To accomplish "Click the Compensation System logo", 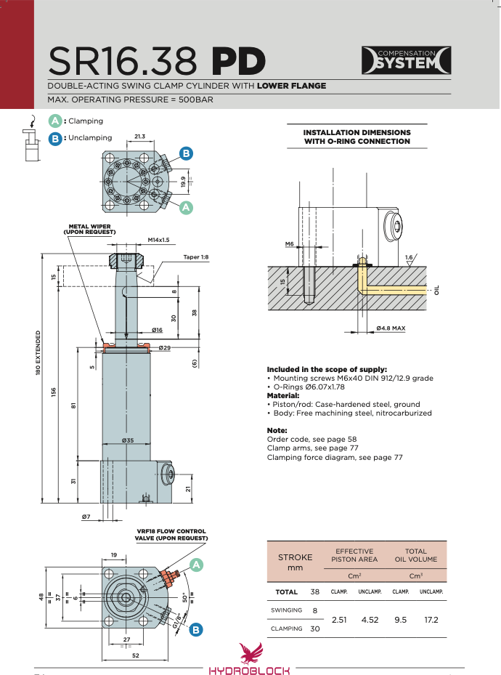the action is pyautogui.click(x=406, y=60).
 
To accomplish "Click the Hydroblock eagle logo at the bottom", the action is pyautogui.click(x=251, y=653).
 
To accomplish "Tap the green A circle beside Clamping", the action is pyautogui.click(x=55, y=121).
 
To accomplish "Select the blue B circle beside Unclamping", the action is pyautogui.click(x=55, y=139).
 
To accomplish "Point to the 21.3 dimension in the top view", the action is pyautogui.click(x=139, y=137).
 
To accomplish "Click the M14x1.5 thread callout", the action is pyautogui.click(x=159, y=240).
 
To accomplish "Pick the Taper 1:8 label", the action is pyautogui.click(x=195, y=257).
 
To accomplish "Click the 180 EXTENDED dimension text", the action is pyautogui.click(x=38, y=352).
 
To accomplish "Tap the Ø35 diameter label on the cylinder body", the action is pyautogui.click(x=128, y=440).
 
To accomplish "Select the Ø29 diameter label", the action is pyautogui.click(x=164, y=347).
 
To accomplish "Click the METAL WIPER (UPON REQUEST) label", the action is pyautogui.click(x=89, y=229).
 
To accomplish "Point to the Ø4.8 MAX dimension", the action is pyautogui.click(x=391, y=328).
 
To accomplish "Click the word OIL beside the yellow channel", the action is pyautogui.click(x=437, y=290).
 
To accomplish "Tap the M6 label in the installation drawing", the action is pyautogui.click(x=290, y=244).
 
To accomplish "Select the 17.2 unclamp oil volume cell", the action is pyautogui.click(x=431, y=620).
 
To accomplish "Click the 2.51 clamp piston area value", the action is pyautogui.click(x=339, y=620).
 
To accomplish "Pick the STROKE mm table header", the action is pyautogui.click(x=295, y=562).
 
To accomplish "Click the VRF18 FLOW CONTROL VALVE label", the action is pyautogui.click(x=171, y=535).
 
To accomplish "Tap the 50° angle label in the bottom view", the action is pyautogui.click(x=185, y=598).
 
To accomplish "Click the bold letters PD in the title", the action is pyautogui.click(x=238, y=61).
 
